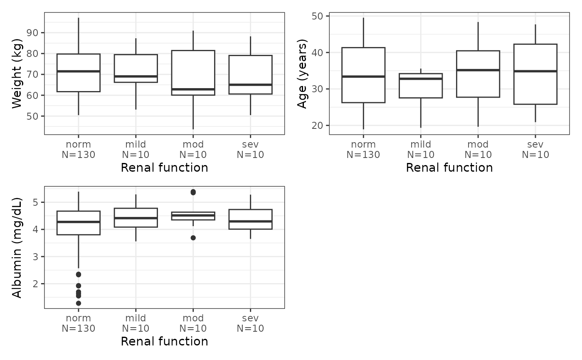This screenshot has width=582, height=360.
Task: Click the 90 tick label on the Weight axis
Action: coord(32,33)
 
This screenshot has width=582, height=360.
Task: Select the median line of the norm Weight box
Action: coord(79,71)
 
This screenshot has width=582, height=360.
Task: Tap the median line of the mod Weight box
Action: coord(193,89)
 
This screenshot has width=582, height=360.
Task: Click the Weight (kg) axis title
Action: coord(17,74)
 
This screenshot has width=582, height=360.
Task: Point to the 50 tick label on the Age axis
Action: coord(317,16)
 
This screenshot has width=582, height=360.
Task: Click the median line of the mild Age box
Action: coord(421,79)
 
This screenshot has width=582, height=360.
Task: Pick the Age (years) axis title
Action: coord(302,74)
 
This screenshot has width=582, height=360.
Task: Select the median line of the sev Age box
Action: coord(535,71)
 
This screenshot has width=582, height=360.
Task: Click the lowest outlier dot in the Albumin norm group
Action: coord(79,303)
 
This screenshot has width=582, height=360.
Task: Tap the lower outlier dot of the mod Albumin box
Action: coord(193,238)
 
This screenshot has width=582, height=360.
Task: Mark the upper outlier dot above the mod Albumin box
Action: coord(193,192)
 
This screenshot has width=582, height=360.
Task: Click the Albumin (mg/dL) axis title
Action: coord(17,247)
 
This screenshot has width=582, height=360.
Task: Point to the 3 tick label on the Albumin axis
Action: coord(35,256)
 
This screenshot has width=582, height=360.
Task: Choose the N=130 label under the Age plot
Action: coord(363,155)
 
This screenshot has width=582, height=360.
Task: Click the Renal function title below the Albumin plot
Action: coord(165,341)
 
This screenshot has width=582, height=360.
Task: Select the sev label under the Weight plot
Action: coord(250,144)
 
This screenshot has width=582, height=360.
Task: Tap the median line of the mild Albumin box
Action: coord(136,218)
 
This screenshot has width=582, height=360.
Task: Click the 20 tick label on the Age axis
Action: coord(317,126)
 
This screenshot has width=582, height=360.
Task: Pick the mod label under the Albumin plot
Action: coord(193,318)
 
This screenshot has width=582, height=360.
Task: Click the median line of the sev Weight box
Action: coord(250,85)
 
